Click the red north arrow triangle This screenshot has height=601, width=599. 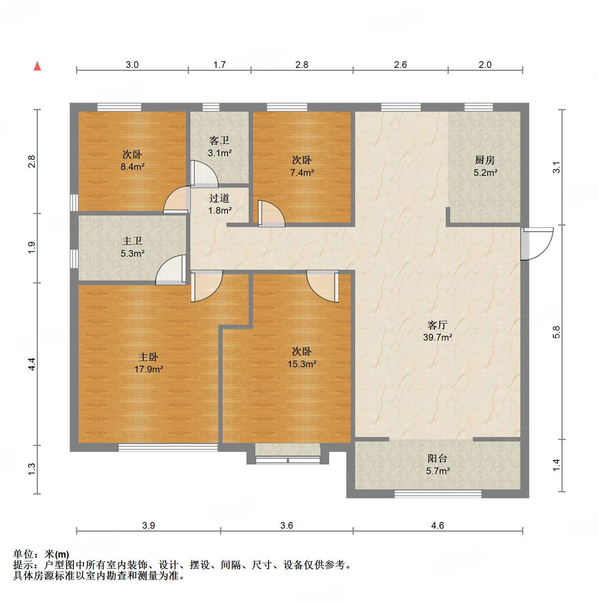pos(37,66)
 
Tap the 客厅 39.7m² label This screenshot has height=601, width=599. pos(437,331)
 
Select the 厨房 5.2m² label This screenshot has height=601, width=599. pos(485,166)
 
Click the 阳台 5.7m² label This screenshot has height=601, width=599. pos(438,464)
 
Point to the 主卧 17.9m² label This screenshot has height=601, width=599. pos(148,363)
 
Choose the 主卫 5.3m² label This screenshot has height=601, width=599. pos(132,247)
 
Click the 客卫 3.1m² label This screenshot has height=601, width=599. pos(219,147)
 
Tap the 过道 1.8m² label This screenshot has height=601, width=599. pos(219,204)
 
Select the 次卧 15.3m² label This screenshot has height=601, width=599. pos(302,357)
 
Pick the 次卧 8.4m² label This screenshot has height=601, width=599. pos(132,160)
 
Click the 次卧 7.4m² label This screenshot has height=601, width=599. pos(302,166)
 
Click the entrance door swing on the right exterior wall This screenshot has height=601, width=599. pos(537,243)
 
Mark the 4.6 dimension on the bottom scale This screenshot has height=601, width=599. pos(437,525)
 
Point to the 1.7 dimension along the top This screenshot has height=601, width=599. pos(219,65)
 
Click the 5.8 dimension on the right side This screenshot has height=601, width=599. pos(556,332)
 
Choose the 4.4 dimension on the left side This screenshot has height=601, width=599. pos(32,364)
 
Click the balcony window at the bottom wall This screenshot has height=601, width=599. pos(438,494)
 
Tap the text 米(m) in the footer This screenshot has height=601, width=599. pos(56,555)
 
